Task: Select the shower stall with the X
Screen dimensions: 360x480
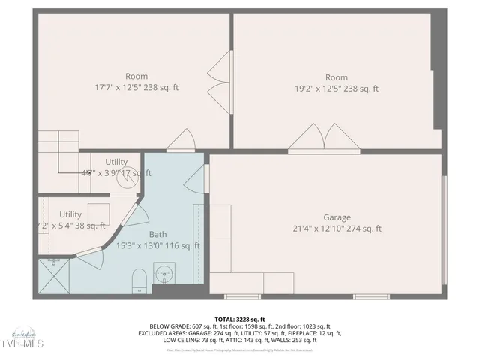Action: click(x=53, y=274)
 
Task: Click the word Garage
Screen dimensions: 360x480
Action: click(x=337, y=218)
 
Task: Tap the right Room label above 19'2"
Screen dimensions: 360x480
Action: click(x=337, y=77)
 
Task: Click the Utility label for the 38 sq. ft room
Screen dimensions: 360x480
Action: click(x=70, y=214)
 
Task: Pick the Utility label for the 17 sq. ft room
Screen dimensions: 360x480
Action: click(x=116, y=162)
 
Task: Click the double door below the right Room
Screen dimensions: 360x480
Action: click(x=323, y=138)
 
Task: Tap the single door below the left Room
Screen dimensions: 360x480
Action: click(x=181, y=139)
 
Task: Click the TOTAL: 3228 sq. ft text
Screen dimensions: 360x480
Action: click(x=239, y=319)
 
